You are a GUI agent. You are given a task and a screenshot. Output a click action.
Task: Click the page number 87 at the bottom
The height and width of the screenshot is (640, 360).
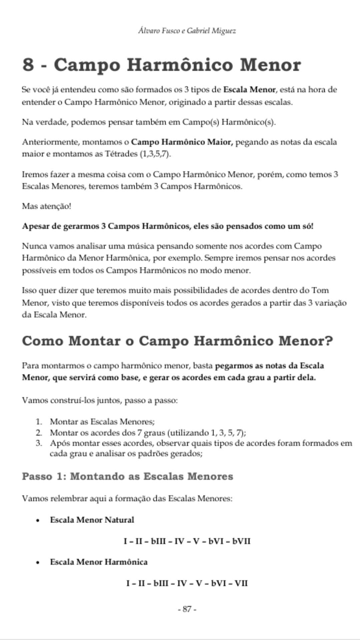[x=187, y=609]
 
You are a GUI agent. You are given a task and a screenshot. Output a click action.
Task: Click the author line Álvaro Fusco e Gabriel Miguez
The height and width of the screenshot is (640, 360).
[x=187, y=31]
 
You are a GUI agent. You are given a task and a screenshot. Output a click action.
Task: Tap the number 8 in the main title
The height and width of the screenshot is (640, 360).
[x=28, y=65]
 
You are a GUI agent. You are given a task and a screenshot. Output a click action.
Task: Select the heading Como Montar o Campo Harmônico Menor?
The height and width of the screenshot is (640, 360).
[x=177, y=341]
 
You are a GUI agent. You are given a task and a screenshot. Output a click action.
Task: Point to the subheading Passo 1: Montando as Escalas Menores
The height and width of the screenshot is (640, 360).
[x=127, y=476]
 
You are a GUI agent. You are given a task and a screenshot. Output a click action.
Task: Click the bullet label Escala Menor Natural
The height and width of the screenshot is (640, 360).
[x=92, y=520]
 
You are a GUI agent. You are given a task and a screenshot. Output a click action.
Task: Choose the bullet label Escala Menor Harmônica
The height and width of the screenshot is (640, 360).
[x=99, y=562]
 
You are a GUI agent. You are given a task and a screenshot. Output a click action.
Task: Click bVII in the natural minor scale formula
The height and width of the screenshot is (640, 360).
[x=241, y=541]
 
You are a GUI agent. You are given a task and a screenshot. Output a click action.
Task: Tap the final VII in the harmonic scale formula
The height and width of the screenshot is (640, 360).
[x=241, y=583]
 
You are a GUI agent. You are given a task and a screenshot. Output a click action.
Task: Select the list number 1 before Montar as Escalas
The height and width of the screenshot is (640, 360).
[x=39, y=422]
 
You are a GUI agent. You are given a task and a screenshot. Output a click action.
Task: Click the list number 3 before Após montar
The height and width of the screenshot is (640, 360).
[x=39, y=443]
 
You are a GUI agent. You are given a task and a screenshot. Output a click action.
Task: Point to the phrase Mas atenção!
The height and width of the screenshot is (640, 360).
[x=47, y=206]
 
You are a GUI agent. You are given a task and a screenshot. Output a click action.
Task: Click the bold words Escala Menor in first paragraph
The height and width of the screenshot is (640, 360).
[x=249, y=89]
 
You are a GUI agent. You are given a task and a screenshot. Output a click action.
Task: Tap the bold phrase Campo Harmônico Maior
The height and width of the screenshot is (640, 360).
[x=182, y=142]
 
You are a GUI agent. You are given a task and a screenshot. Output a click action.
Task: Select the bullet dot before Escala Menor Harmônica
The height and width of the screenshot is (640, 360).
[x=39, y=562]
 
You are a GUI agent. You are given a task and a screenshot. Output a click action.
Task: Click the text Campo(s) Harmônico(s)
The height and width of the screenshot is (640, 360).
[x=229, y=122]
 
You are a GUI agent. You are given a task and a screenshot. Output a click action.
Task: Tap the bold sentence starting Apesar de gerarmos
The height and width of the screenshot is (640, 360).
[x=168, y=226]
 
